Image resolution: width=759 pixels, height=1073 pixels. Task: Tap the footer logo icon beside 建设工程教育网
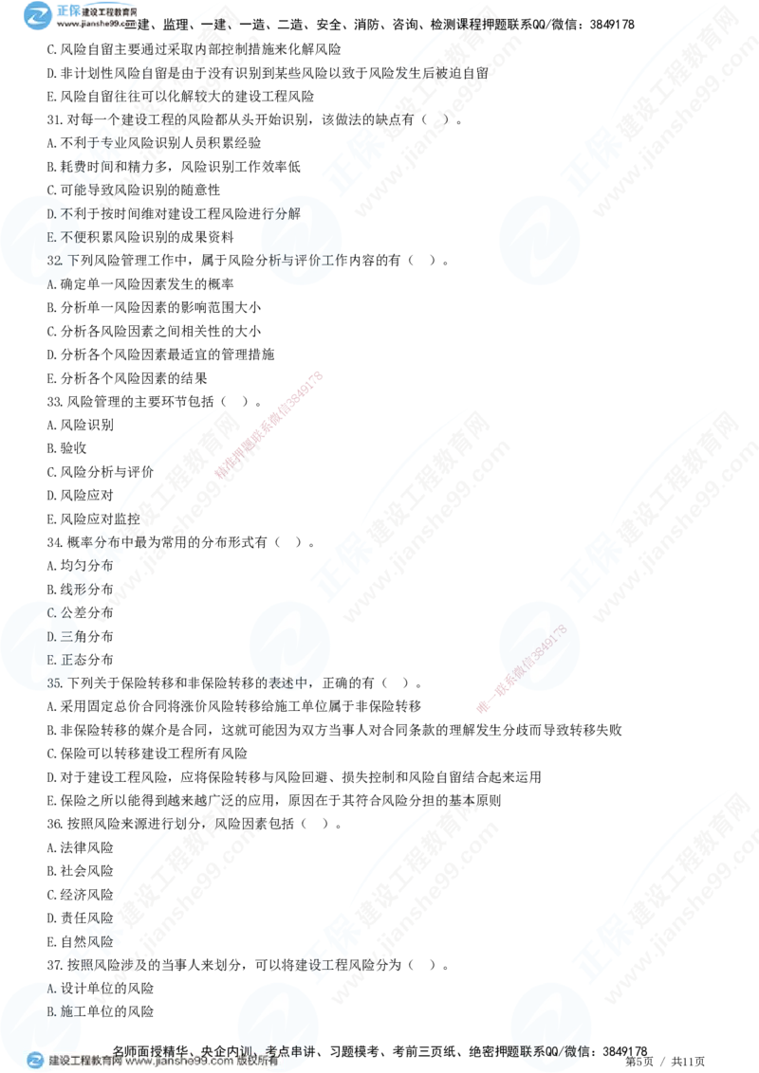(x=35, y=1061)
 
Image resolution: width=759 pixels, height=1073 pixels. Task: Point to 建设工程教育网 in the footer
(x=86, y=1062)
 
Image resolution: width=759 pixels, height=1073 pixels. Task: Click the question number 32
(x=54, y=258)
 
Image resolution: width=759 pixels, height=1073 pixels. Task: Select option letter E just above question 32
(x=50, y=236)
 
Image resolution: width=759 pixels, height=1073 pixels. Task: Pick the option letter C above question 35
(x=51, y=613)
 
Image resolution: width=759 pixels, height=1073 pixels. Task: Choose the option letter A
(x=50, y=988)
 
